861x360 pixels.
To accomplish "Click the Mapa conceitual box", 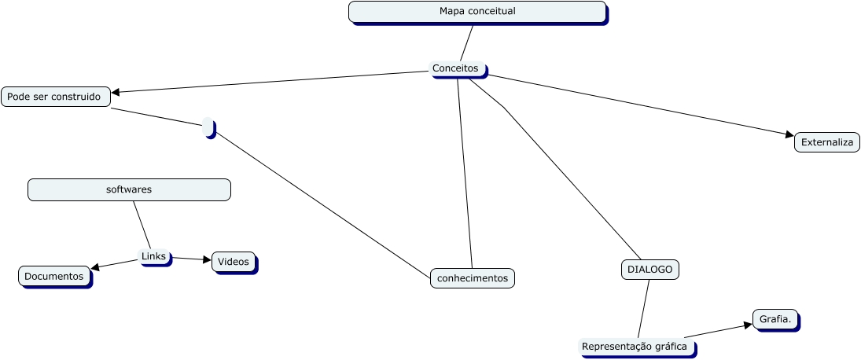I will [x=477, y=12].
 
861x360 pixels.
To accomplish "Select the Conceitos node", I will [x=457, y=69].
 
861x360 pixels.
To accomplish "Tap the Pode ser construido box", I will [x=55, y=97].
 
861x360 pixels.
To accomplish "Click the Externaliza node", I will [x=826, y=142].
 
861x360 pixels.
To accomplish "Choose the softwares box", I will [x=129, y=189].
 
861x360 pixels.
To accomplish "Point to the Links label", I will [x=154, y=257].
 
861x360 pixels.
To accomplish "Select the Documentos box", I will [x=54, y=276].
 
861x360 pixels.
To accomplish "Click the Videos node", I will [x=233, y=262].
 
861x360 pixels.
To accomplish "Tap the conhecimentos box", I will [x=472, y=277].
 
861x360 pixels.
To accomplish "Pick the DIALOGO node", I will [x=649, y=270].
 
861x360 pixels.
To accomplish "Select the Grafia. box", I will [x=775, y=319].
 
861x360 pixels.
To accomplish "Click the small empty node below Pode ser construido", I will [x=208, y=127].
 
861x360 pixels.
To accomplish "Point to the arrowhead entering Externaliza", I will [x=789, y=135].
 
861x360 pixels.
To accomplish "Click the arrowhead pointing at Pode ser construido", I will [x=116, y=93].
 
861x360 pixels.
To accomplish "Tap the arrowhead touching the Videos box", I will [x=207, y=259].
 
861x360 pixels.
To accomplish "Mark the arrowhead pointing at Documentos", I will [x=95, y=268].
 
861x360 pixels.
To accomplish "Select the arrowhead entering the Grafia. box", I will [x=748, y=324].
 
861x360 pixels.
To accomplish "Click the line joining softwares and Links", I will [x=142, y=225].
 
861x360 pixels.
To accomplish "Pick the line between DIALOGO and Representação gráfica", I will [x=644, y=308].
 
